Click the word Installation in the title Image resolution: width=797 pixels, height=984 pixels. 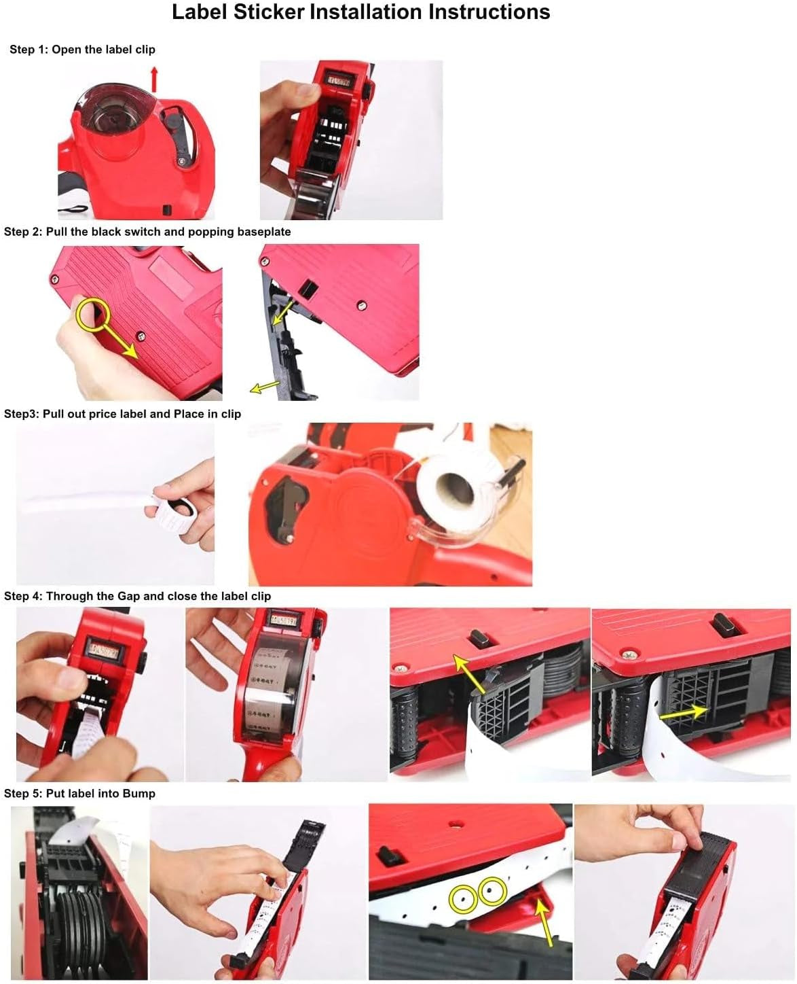tap(367, 12)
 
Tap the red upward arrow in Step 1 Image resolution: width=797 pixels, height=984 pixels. tap(154, 79)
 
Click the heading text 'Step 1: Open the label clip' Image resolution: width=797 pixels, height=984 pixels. tap(82, 50)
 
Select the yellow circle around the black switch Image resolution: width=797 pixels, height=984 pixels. tap(93, 314)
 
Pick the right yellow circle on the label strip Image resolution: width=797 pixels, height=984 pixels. tap(492, 890)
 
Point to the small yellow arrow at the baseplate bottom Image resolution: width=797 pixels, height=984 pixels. tap(265, 387)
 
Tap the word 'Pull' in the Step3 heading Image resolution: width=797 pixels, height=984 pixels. tap(53, 414)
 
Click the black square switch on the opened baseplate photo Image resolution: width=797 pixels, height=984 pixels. tap(308, 290)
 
